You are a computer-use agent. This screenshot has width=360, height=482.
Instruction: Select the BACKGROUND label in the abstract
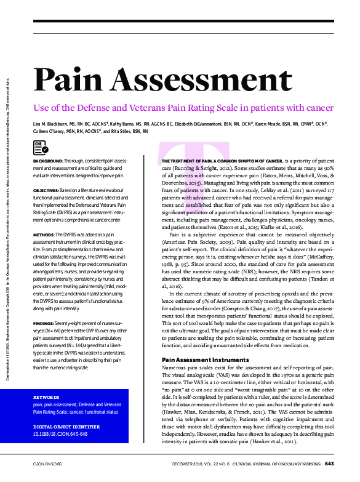pos(48,161)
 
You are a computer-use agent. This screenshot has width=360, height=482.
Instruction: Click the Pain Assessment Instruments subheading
pos(202,359)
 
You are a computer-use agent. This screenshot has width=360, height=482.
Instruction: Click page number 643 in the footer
pos(329,462)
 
